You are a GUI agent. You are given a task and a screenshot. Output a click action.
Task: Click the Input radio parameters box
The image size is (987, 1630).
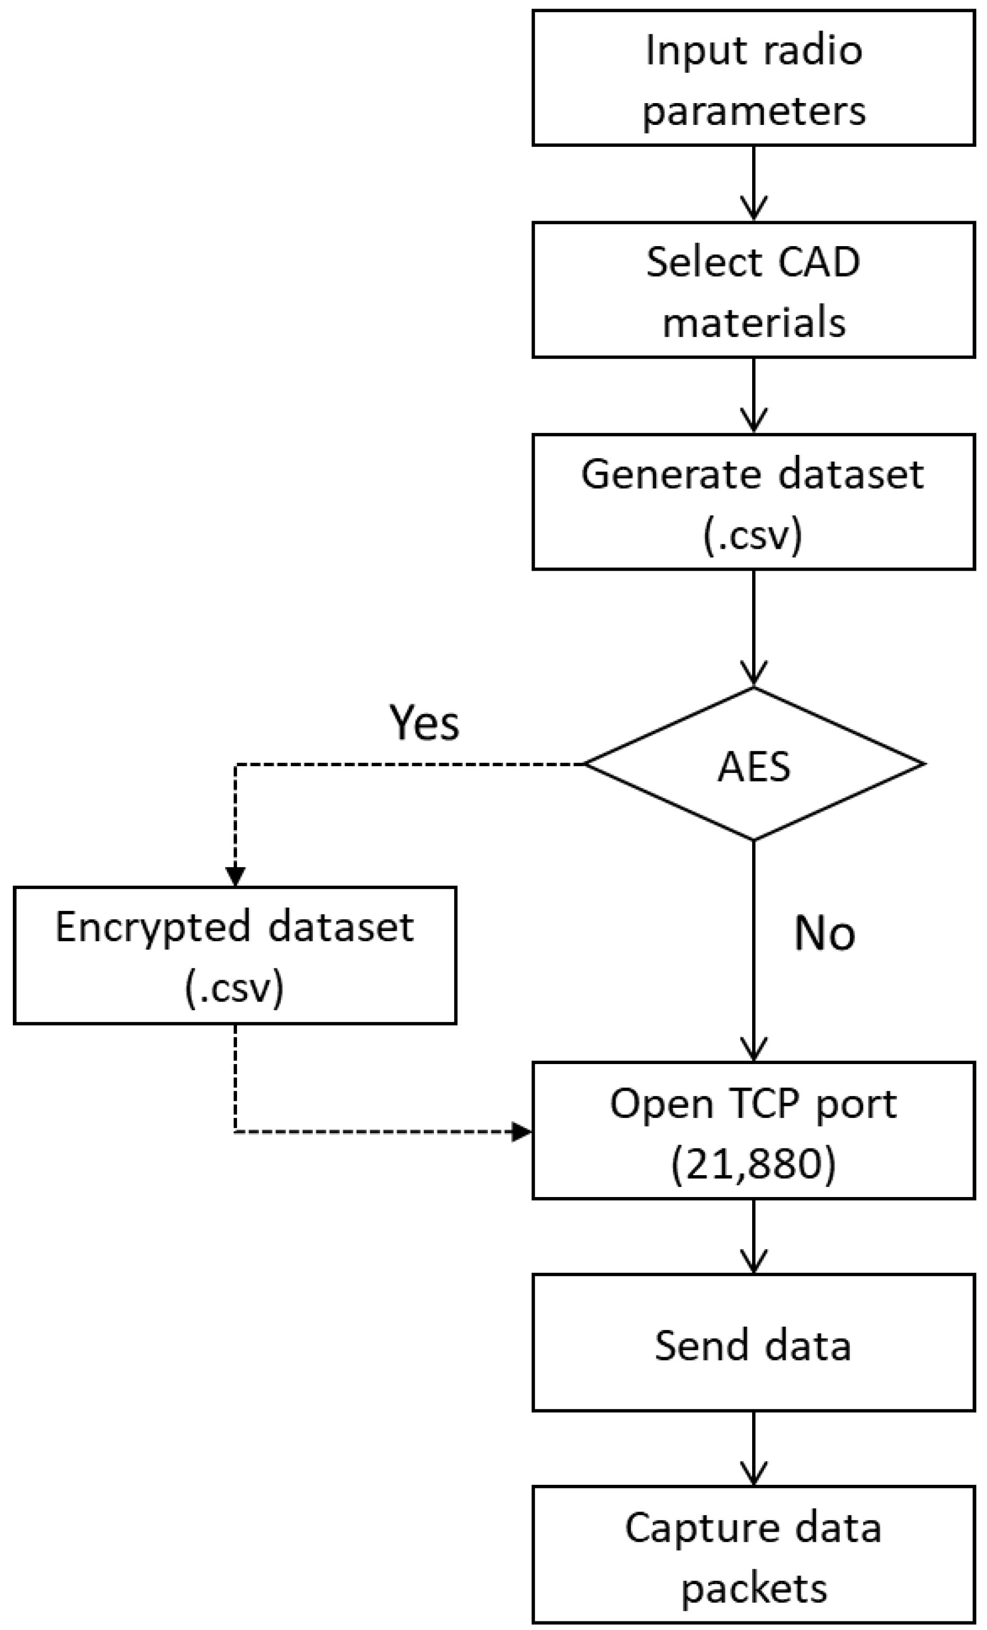tap(754, 78)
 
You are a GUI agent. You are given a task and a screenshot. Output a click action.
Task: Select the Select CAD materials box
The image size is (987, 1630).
tap(754, 290)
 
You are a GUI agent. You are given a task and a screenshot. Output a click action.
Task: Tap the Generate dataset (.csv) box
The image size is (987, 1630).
tap(754, 502)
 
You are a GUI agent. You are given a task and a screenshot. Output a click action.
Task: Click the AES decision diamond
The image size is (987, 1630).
tap(754, 765)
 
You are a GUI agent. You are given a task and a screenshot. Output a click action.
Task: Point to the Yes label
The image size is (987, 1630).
tap(423, 722)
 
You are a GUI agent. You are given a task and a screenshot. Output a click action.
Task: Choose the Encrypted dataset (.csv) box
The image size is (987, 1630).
tap(235, 955)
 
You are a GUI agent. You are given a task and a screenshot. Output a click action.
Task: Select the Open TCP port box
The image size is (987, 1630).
tap(754, 1131)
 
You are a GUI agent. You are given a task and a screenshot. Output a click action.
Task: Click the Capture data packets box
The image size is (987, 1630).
tap(754, 1554)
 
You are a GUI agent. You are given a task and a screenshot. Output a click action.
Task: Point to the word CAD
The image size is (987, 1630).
tap(818, 262)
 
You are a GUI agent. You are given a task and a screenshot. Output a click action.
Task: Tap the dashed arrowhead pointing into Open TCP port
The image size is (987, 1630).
tap(522, 1131)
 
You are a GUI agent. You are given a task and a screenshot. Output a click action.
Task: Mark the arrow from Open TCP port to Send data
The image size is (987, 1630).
tap(754, 1237)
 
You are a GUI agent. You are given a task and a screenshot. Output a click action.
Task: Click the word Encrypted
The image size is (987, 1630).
tap(152, 927)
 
